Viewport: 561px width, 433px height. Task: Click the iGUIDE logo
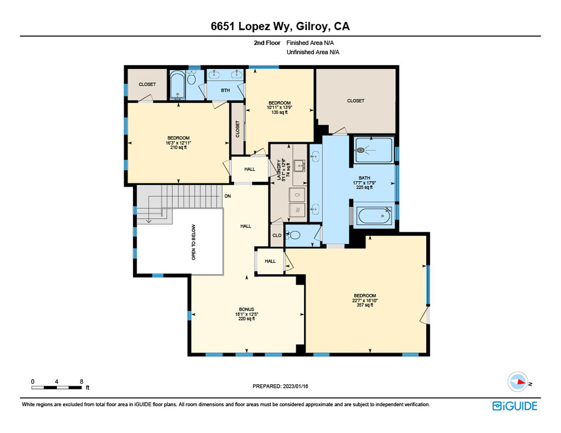pyautogui.click(x=514, y=406)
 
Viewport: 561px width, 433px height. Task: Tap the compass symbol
pyautogui.click(x=518, y=382)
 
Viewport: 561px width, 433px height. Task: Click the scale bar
pyautogui.click(x=56, y=388)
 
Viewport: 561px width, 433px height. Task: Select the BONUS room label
pyautogui.click(x=246, y=309)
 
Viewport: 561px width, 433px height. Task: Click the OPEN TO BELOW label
pyautogui.click(x=194, y=242)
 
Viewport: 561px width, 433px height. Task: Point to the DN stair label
pyautogui.click(x=228, y=196)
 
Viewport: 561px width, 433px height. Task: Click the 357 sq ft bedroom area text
pyautogui.click(x=365, y=305)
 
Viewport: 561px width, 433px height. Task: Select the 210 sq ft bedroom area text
pyautogui.click(x=178, y=148)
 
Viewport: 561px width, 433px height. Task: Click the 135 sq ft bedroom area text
pyautogui.click(x=279, y=112)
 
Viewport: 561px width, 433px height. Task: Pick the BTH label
pyautogui.click(x=226, y=90)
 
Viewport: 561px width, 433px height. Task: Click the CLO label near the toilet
pyautogui.click(x=277, y=236)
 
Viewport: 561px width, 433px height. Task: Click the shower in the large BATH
pyautogui.click(x=374, y=150)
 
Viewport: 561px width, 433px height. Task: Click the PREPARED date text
pyautogui.click(x=280, y=386)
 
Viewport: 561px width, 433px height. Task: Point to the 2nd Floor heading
pyautogui.click(x=267, y=43)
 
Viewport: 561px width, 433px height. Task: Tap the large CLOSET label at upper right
pyautogui.click(x=356, y=101)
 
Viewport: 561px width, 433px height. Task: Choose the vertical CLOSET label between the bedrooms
pyautogui.click(x=238, y=129)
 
